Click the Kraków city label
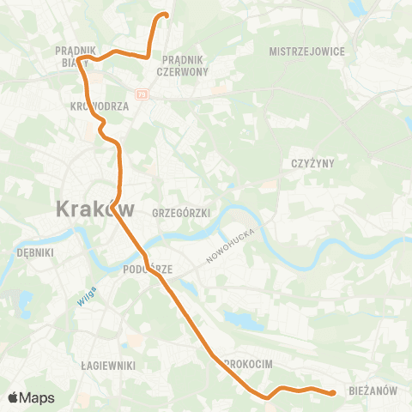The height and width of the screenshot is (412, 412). [x=95, y=208]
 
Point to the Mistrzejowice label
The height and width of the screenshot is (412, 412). [x=306, y=51]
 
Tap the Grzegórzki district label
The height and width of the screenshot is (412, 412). [x=180, y=212]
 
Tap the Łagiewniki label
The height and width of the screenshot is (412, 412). [x=107, y=365]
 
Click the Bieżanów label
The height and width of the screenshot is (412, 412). [x=373, y=391]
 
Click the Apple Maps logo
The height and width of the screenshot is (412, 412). [x=31, y=397]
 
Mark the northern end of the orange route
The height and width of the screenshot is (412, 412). [x=167, y=15]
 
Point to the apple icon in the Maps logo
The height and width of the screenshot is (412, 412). [x=13, y=397]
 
